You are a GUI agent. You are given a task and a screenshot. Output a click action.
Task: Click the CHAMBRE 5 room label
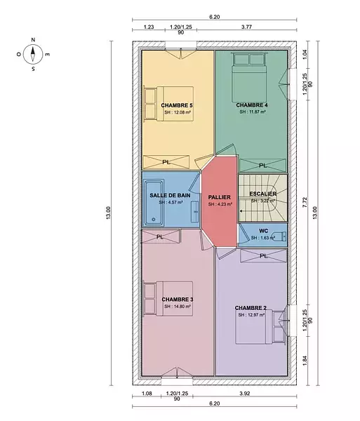click(177, 105)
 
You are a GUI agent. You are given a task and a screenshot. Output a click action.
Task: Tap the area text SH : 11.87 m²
click(253, 112)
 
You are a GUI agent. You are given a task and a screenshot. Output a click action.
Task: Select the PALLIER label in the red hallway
click(220, 197)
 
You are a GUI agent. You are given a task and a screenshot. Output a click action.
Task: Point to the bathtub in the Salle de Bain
click(154, 203)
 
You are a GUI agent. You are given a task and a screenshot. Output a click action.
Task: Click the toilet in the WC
click(279, 236)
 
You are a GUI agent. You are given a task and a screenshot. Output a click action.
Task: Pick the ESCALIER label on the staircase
click(263, 194)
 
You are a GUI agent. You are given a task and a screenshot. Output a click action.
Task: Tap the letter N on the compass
click(33, 40)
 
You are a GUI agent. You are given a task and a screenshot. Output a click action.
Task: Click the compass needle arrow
click(33, 54)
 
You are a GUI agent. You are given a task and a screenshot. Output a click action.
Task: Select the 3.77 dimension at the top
click(246, 27)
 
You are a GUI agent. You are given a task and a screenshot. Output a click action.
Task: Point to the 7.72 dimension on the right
click(305, 203)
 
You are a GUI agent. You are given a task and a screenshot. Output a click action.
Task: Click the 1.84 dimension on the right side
click(305, 361)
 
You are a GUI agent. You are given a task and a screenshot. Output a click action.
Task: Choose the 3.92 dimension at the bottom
click(245, 394)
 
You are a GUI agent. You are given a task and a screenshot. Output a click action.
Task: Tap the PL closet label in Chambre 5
click(166, 162)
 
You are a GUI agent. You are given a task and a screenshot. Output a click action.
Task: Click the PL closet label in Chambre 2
click(264, 256)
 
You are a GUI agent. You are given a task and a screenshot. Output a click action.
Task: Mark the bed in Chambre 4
click(249, 77)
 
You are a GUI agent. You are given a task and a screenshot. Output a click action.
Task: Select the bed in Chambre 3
click(168, 299)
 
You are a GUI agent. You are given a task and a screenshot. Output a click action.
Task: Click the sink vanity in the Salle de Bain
click(195, 212)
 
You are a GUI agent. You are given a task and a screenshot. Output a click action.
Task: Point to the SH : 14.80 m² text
click(178, 307)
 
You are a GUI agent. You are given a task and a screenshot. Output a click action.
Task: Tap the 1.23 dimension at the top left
click(149, 27)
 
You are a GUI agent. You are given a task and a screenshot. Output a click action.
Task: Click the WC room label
click(263, 231)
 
